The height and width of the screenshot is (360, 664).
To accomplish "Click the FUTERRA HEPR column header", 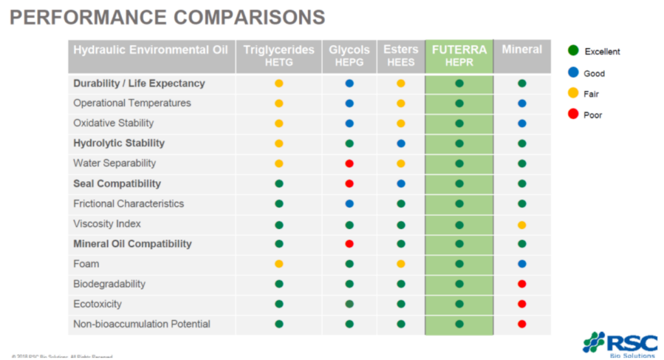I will click(x=459, y=56).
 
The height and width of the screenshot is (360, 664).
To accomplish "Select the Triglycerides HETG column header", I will click(x=279, y=56).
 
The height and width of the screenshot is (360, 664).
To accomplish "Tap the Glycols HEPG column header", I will click(x=350, y=56).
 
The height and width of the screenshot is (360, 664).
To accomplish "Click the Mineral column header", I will click(x=522, y=50).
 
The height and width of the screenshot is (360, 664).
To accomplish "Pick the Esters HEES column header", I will click(x=401, y=56).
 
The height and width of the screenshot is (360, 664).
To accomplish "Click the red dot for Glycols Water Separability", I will click(x=350, y=163).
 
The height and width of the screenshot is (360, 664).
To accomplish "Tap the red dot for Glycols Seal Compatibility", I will click(x=350, y=184).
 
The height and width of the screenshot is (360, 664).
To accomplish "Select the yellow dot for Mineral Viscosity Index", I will click(x=522, y=224).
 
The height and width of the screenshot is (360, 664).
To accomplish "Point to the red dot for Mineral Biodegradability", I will click(x=522, y=284).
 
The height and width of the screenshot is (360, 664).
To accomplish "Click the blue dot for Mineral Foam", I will click(x=522, y=264).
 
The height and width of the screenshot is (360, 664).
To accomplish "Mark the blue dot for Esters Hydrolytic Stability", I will click(x=401, y=143).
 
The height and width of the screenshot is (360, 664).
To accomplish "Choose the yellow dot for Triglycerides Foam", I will click(x=279, y=264).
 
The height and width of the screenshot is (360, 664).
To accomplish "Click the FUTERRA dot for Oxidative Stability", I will click(x=459, y=123).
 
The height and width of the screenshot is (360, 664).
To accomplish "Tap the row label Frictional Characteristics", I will click(x=128, y=204).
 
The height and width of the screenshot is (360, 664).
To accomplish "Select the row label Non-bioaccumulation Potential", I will click(x=141, y=324).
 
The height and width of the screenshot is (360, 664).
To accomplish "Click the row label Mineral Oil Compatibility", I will click(x=132, y=244).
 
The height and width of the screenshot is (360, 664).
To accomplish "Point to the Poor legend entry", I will click(x=593, y=115).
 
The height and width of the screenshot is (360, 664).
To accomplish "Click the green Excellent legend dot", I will click(x=573, y=51).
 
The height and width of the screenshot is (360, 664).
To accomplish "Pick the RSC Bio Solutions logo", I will click(x=620, y=344).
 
